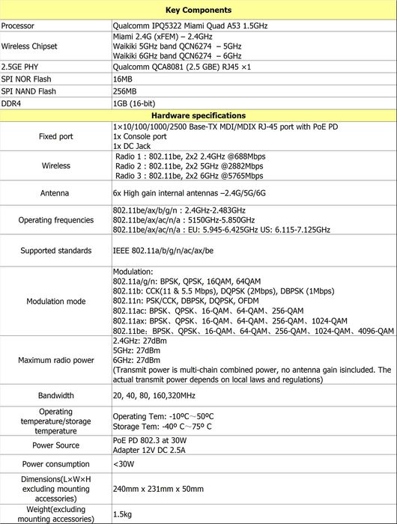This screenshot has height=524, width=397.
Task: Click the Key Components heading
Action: coord(198,10)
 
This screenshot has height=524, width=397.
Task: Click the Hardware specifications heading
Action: coord(198,116)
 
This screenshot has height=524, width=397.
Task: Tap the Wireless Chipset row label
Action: coord(30,46)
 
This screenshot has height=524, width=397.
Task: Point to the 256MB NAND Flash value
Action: coord(124,91)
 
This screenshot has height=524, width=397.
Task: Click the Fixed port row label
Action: coord(55,137)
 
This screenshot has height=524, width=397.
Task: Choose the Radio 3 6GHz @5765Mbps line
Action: coord(189,176)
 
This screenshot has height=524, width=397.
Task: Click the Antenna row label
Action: coord(55,193)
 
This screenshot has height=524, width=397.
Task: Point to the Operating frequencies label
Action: coord(55,220)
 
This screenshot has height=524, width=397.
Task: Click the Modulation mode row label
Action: coord(55,301)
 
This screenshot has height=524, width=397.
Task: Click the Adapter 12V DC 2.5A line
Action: coord(150,452)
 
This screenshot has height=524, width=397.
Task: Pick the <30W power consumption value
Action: coord(123,464)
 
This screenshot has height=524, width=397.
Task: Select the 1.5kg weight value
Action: coord(122,514)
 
